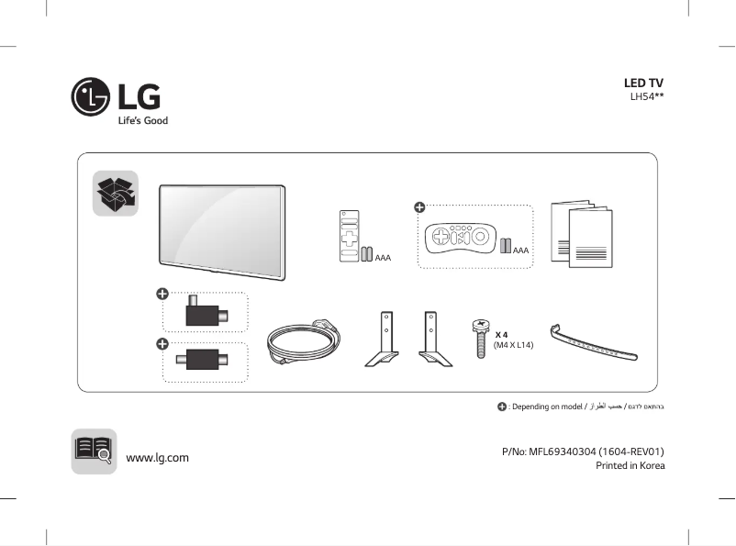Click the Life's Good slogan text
coord(142,120)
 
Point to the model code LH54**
coord(646,96)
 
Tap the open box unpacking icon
coord(116,193)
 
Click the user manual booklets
coord(580,235)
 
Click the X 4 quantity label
coord(502,335)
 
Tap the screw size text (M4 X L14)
coord(513,345)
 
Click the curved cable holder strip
coord(593,345)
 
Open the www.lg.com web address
coord(157,457)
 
